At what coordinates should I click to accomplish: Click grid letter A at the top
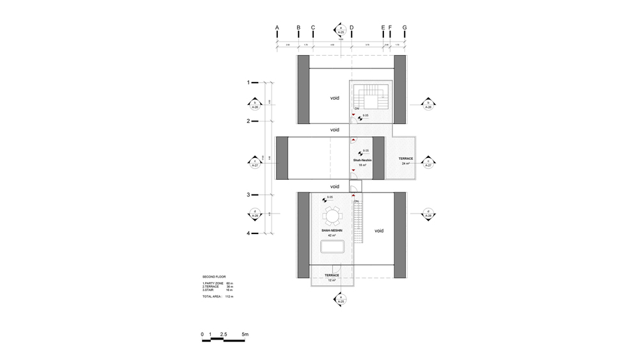(x=277, y=27)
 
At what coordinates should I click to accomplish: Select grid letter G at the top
(x=404, y=27)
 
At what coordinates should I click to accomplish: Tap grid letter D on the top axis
(x=351, y=27)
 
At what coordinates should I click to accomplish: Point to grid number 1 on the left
(x=249, y=82)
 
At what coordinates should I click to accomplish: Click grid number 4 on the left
(x=249, y=233)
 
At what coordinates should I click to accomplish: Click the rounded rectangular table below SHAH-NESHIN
(x=331, y=247)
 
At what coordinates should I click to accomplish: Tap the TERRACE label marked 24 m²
(x=406, y=160)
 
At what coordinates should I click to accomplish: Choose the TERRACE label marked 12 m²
(x=332, y=277)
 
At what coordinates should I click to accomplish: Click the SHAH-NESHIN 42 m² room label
(x=332, y=231)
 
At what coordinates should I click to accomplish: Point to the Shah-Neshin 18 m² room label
(x=362, y=162)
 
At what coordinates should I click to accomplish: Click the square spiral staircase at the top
(x=369, y=98)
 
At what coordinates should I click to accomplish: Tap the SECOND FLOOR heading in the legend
(x=214, y=276)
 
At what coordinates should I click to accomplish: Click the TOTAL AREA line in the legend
(x=218, y=297)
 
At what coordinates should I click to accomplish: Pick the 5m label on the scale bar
(x=245, y=334)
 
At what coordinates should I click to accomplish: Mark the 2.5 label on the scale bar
(x=223, y=334)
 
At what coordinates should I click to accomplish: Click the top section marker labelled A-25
(x=341, y=29)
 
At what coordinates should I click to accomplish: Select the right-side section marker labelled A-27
(x=429, y=162)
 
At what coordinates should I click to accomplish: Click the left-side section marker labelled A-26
(x=255, y=105)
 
